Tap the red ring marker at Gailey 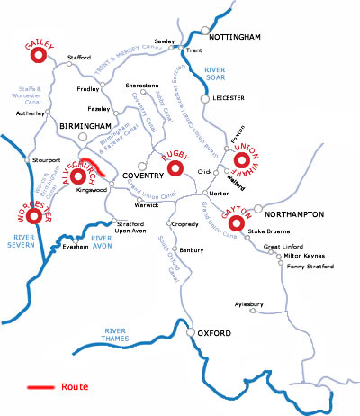(x=38, y=57)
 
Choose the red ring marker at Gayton (x=238, y=222)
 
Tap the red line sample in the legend (x=40, y=387)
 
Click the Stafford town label (x=79, y=57)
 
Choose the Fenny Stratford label (x=308, y=267)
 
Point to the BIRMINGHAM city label (x=85, y=127)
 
